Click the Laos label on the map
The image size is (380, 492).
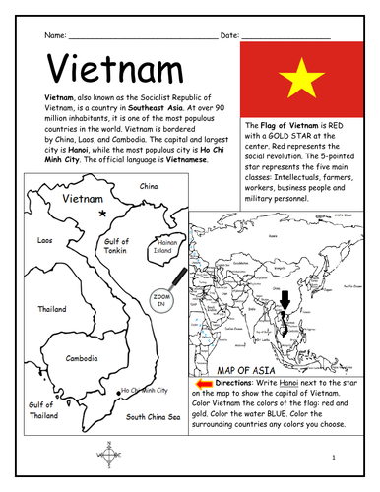(43, 239)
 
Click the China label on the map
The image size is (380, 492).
(150, 185)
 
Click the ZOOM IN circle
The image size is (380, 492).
(158, 299)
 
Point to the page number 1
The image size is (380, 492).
(335, 458)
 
